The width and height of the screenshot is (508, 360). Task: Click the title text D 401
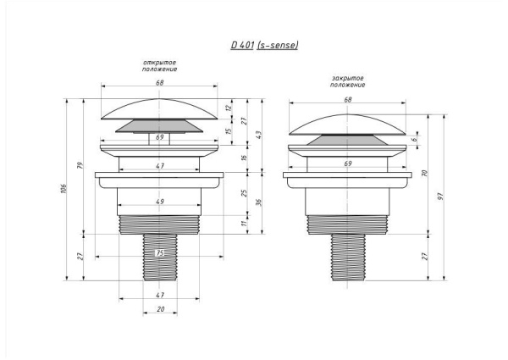pyautogui.click(x=242, y=45)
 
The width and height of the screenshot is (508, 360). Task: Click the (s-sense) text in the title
pyautogui.click(x=278, y=45)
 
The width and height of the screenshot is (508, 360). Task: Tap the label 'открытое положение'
pyautogui.click(x=159, y=66)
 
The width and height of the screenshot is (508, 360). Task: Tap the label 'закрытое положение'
pyautogui.click(x=348, y=81)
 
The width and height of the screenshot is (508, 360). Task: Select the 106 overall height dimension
pyautogui.click(x=63, y=189)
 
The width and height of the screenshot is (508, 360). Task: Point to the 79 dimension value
pyautogui.click(x=80, y=165)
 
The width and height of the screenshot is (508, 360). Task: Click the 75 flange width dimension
pyautogui.click(x=160, y=253)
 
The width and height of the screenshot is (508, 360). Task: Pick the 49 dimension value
pyautogui.click(x=160, y=202)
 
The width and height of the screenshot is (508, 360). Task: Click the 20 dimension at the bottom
pyautogui.click(x=160, y=309)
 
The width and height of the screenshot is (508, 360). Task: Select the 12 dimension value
pyautogui.click(x=229, y=108)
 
